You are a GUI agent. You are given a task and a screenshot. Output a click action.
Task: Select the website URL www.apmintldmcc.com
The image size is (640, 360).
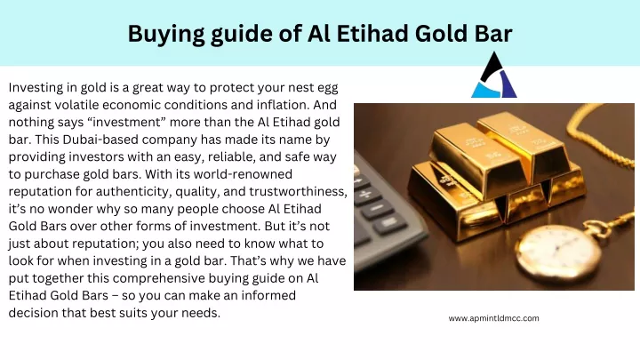pyautogui.click(x=493, y=318)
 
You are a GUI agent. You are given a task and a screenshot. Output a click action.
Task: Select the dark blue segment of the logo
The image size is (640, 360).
pyautogui.click(x=508, y=84)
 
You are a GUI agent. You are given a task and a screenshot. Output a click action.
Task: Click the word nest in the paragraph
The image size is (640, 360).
pyautogui.click(x=294, y=88)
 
